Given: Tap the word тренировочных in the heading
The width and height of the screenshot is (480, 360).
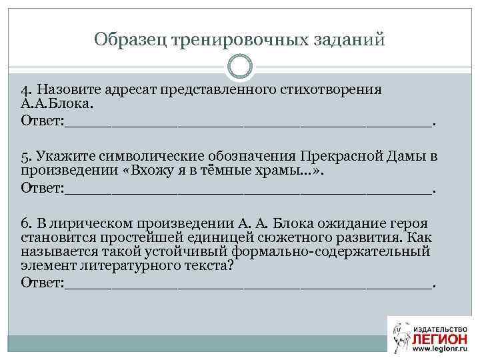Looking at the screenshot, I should click(237, 40).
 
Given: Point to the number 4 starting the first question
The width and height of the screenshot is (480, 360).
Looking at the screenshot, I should click(24, 90).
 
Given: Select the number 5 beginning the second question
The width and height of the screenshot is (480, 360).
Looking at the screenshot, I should click(24, 157).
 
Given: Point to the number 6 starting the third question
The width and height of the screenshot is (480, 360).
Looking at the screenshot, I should click(24, 223).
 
